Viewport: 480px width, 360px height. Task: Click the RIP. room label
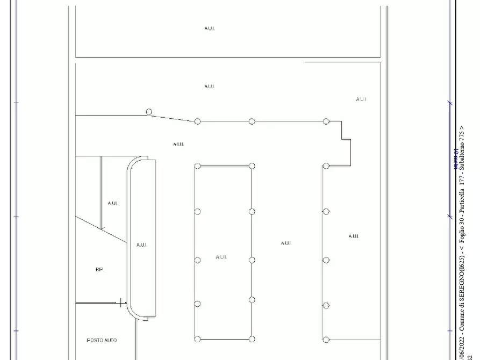99,270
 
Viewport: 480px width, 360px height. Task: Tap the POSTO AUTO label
102,340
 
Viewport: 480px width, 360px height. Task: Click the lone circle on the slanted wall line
149,112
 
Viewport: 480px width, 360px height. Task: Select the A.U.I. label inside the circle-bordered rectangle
221,257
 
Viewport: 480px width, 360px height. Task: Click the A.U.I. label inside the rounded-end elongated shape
141,245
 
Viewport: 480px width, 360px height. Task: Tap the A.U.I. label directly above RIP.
113,204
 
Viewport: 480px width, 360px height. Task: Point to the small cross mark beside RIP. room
121,303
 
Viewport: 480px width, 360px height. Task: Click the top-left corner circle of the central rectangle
197,166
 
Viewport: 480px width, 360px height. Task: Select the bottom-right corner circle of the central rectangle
252,339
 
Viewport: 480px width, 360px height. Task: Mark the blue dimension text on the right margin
456,160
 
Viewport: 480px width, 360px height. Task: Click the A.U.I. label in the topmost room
210,28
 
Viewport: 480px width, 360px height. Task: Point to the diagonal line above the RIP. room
101,229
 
